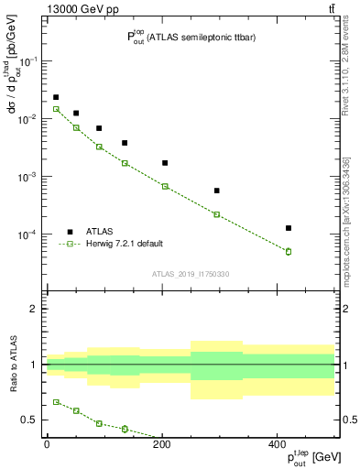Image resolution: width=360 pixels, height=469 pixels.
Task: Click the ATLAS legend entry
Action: pos(100,232)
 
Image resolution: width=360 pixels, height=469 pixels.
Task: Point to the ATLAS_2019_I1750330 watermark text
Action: pos(190,274)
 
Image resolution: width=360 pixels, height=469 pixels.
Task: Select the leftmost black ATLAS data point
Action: pos(56,97)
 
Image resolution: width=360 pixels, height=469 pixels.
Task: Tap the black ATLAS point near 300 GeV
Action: pos(216,191)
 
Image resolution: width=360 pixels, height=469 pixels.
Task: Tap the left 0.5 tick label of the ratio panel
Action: pos(30,420)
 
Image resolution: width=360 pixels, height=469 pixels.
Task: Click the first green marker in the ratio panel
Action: pos(56,402)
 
